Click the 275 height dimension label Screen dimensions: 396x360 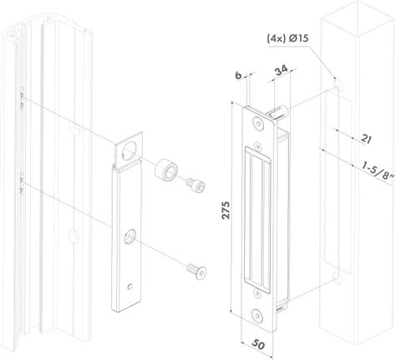pyautogui.click(x=226, y=210)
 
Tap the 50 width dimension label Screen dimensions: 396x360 pyautogui.click(x=258, y=345)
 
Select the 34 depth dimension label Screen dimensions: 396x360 pyautogui.click(x=281, y=71)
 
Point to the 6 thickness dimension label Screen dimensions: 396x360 pyautogui.click(x=238, y=75)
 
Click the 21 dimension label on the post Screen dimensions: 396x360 pyautogui.click(x=366, y=139)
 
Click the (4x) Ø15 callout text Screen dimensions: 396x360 pyautogui.click(x=287, y=38)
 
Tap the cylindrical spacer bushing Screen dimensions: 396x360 pyautogui.click(x=166, y=169)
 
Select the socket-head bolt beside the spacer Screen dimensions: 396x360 pyautogui.click(x=195, y=185)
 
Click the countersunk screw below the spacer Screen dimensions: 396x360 pyautogui.click(x=196, y=271)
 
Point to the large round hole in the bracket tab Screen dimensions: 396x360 pyautogui.click(x=130, y=150)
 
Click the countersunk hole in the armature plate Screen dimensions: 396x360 pyautogui.click(x=129, y=236)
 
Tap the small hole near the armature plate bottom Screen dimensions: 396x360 pyautogui.click(x=129, y=286)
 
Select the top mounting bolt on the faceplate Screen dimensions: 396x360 pyautogui.click(x=258, y=124)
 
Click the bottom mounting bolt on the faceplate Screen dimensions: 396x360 pyautogui.click(x=257, y=317)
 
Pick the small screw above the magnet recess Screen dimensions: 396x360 pyautogui.click(x=258, y=145)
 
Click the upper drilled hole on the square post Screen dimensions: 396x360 pyautogui.click(x=338, y=84)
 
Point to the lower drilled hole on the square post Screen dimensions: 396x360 pyautogui.click(x=338, y=277)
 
